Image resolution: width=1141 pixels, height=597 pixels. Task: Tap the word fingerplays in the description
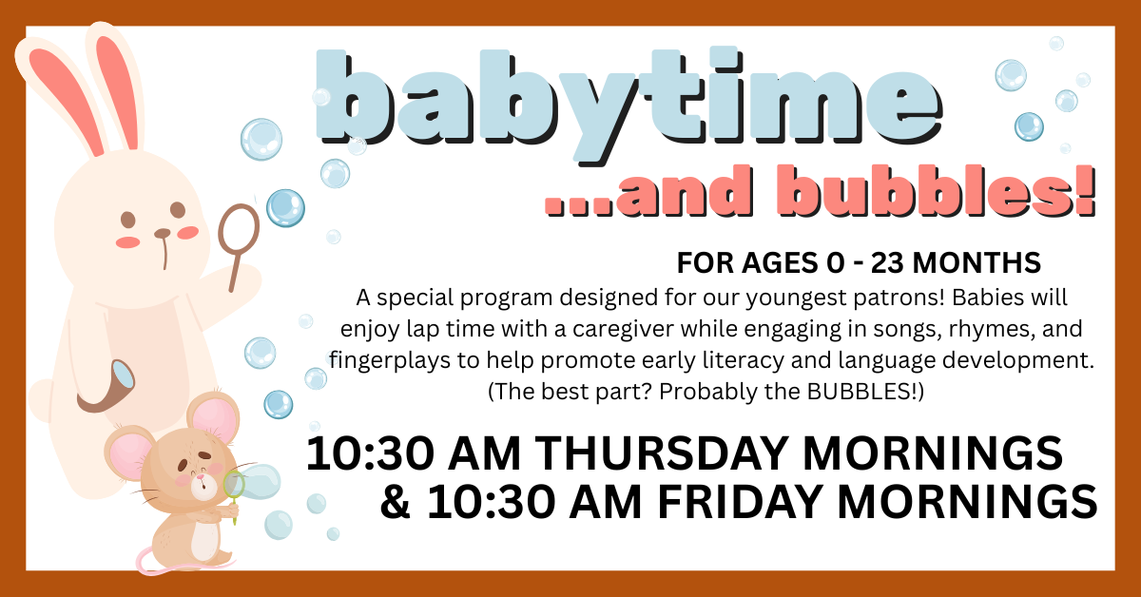click(377, 360)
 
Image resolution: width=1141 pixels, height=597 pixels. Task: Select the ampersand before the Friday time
click(392, 501)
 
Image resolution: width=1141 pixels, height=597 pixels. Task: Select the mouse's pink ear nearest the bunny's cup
click(125, 453)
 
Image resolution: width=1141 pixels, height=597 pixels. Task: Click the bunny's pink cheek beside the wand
click(188, 233)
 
